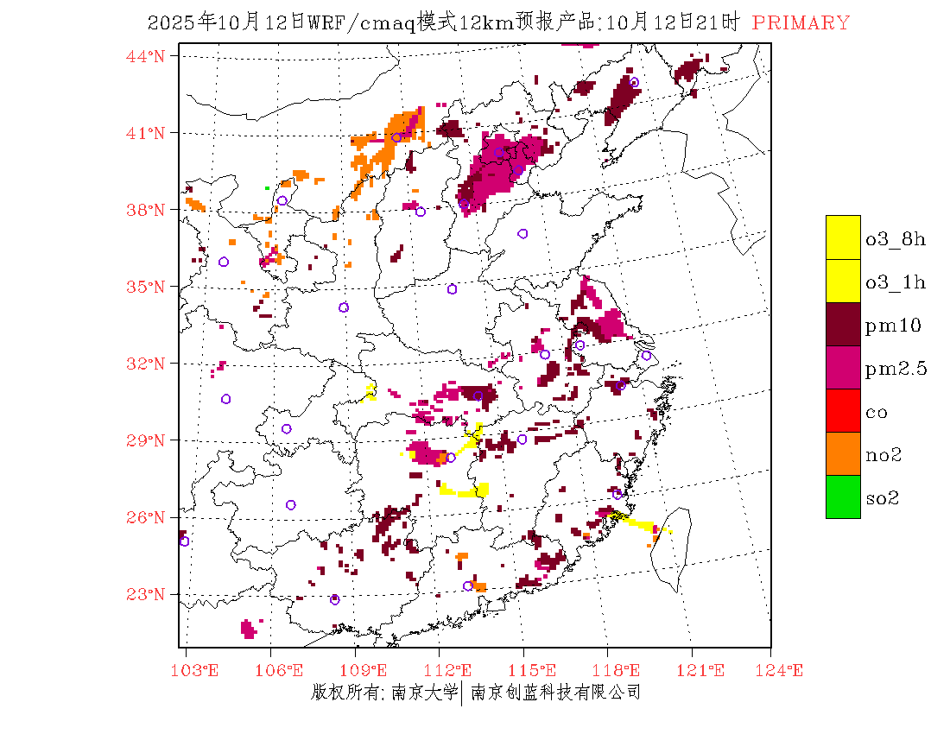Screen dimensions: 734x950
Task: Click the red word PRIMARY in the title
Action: click(x=801, y=23)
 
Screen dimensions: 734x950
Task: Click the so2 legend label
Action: click(x=883, y=497)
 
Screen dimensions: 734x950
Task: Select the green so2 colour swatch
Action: click(x=843, y=497)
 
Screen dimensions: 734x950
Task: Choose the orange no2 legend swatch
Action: click(x=843, y=453)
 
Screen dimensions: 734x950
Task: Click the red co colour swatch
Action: click(x=843, y=410)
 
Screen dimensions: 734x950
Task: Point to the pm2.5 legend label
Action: click(x=896, y=369)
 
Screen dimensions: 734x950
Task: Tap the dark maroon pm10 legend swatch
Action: click(x=843, y=324)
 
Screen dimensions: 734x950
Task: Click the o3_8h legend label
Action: click(x=896, y=239)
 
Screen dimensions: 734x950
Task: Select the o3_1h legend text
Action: click(x=896, y=282)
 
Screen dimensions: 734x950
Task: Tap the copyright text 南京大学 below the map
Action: click(x=424, y=693)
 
